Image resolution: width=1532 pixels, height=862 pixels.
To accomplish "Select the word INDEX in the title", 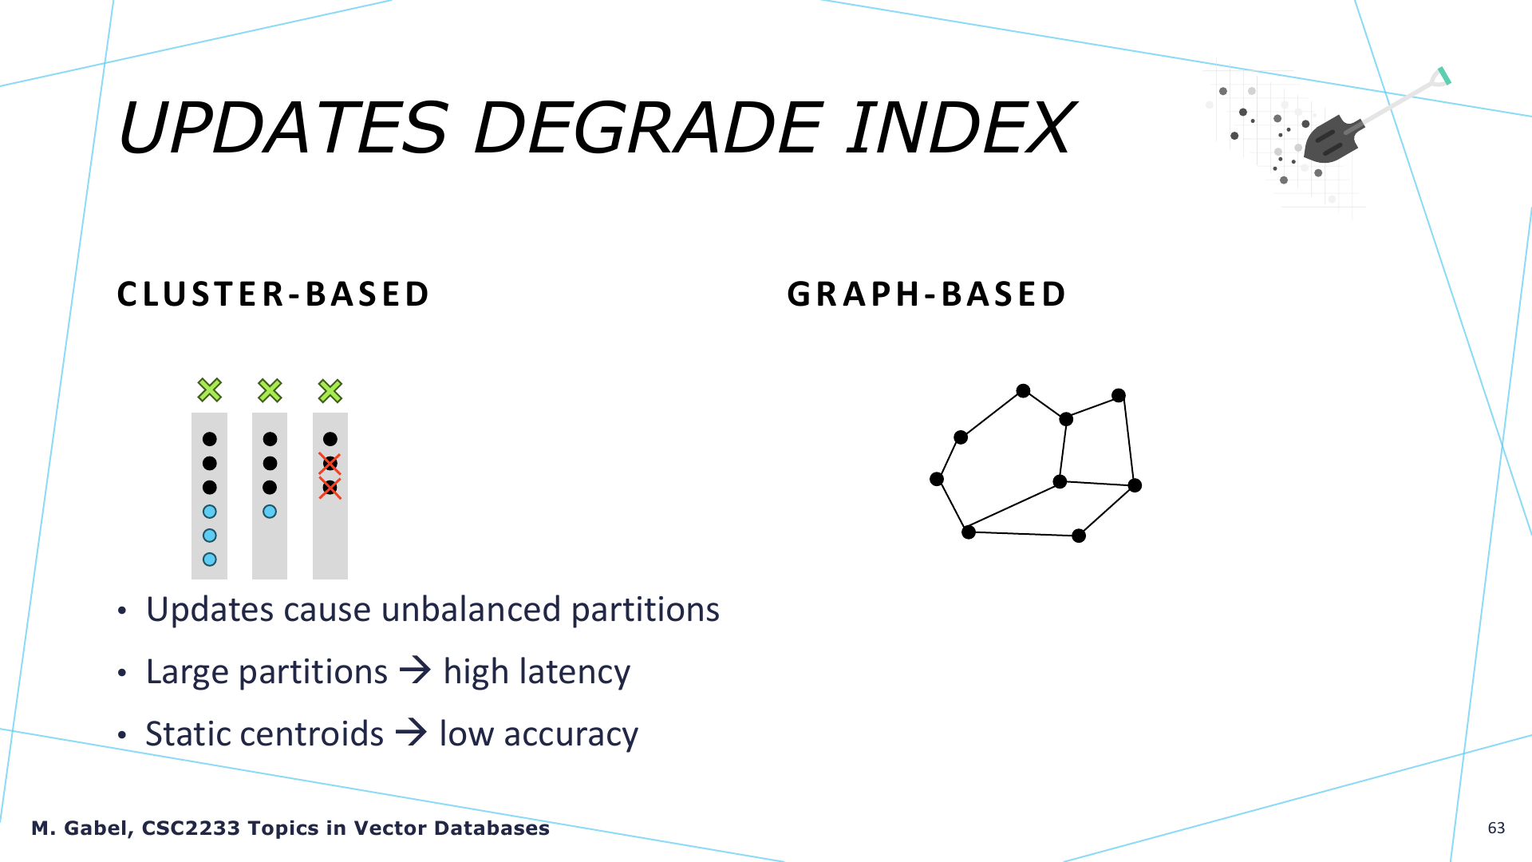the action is click(961, 128).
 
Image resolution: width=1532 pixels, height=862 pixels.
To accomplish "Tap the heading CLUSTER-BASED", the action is click(273, 294).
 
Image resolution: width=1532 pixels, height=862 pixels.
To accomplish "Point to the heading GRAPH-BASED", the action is click(926, 294).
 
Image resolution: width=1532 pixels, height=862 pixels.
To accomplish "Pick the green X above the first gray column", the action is click(210, 390).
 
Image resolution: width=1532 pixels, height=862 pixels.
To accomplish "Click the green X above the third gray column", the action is click(330, 390).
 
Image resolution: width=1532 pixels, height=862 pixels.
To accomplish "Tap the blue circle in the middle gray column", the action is click(270, 512).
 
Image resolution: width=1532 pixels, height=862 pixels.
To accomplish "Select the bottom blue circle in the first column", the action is click(210, 560).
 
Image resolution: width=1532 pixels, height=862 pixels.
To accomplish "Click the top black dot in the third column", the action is click(330, 439).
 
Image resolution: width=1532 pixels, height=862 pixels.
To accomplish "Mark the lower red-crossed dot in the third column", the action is click(330, 488).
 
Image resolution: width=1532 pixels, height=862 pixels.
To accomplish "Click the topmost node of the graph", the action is click(1023, 390).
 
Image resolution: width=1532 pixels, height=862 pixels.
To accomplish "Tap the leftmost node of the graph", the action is click(937, 479).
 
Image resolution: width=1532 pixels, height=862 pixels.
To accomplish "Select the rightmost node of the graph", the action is click(1135, 485).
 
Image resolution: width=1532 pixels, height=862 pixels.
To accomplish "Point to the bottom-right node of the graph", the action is click(1079, 536).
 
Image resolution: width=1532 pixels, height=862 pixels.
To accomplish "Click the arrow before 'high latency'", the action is click(415, 670).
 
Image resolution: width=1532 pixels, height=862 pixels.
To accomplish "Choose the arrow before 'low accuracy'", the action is click(412, 732).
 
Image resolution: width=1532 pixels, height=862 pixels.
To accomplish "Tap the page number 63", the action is click(1496, 828).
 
